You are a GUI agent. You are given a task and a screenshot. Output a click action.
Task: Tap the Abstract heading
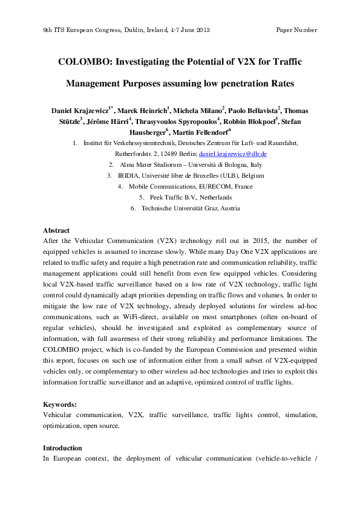56,230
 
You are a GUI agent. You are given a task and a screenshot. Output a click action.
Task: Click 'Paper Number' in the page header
296,30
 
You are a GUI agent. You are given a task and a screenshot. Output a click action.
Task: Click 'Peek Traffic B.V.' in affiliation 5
166,197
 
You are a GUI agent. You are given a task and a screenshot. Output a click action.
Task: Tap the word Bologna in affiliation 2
233,164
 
